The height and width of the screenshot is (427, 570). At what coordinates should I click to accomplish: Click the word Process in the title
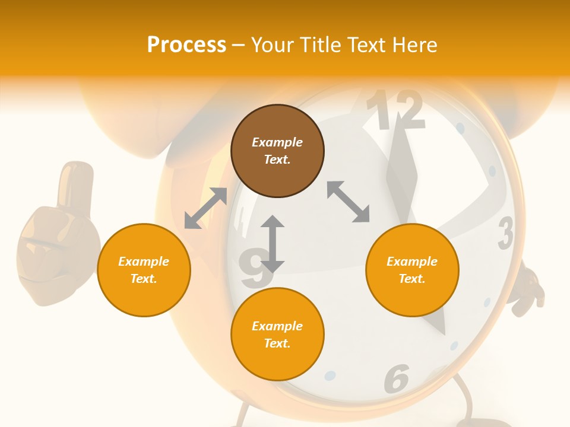pyautogui.click(x=186, y=45)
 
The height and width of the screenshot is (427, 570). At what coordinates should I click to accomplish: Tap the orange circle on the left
pyautogui.click(x=144, y=270)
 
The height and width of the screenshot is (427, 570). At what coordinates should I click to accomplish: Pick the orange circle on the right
pyautogui.click(x=412, y=270)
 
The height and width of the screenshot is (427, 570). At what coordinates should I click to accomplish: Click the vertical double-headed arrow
pyautogui.click(x=273, y=244)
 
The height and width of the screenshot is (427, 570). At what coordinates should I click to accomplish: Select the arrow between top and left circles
pyautogui.click(x=205, y=208)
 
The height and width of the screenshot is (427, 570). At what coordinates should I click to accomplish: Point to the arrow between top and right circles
pyautogui.click(x=349, y=202)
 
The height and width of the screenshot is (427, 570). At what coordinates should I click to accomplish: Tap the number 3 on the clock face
pyautogui.click(x=505, y=233)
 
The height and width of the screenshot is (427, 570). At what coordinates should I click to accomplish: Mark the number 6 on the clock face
pyautogui.click(x=397, y=378)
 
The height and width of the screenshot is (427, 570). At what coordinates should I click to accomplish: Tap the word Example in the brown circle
pyautogui.click(x=277, y=142)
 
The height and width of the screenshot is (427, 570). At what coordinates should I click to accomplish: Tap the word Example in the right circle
pyautogui.click(x=412, y=262)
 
